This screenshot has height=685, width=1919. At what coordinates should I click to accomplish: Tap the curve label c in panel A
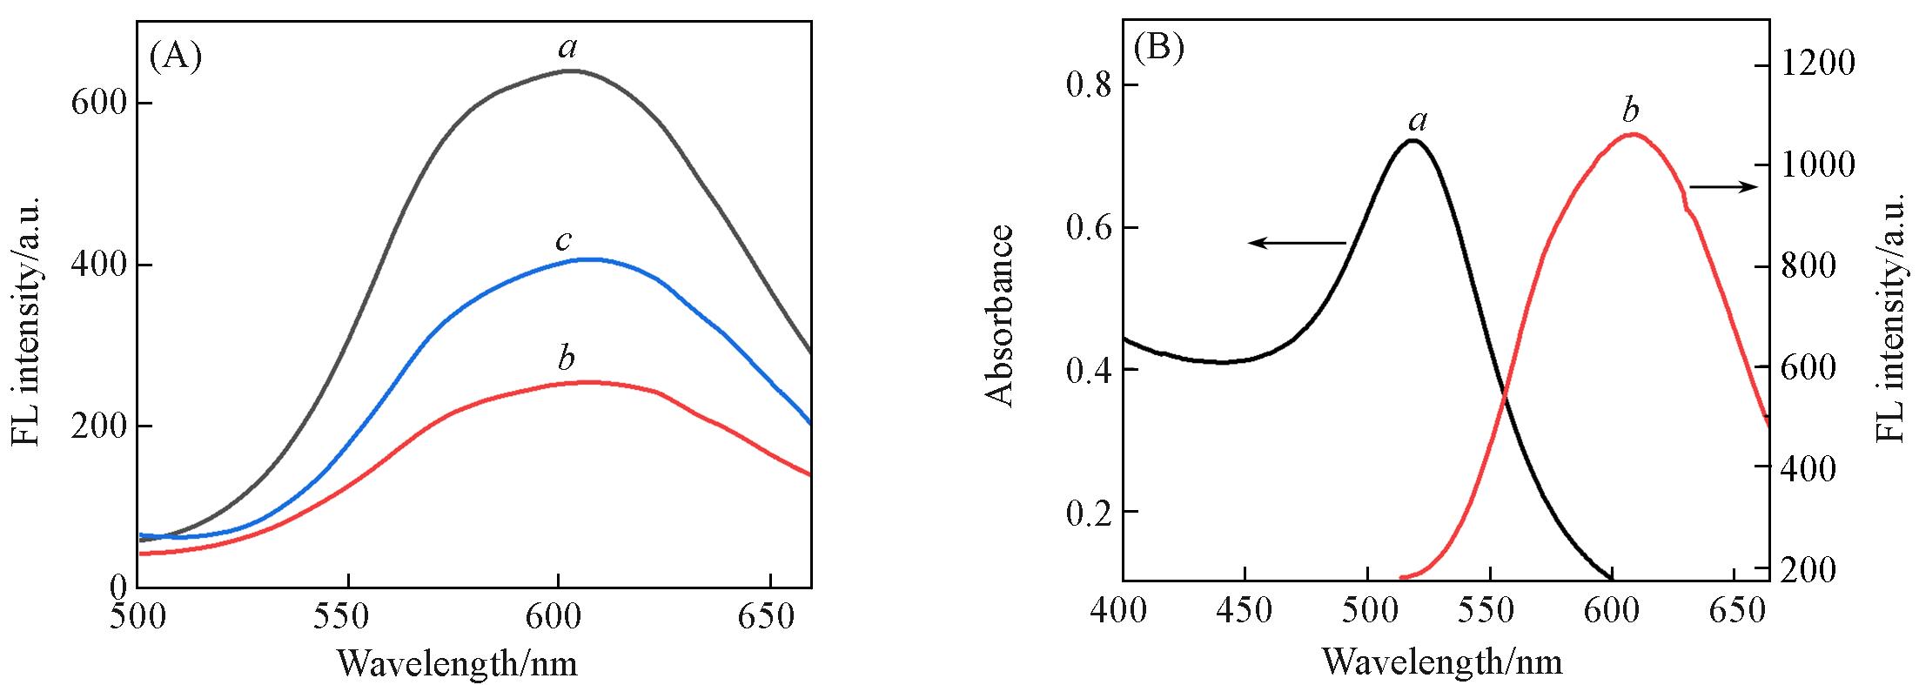click(x=565, y=239)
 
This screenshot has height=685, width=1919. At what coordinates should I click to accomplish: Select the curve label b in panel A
click(x=566, y=358)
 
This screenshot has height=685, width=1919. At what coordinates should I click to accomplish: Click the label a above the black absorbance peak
click(x=1418, y=120)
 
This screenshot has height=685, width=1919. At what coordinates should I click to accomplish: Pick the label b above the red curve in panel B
click(x=1630, y=111)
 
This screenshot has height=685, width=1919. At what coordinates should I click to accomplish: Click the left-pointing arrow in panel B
click(x=1297, y=243)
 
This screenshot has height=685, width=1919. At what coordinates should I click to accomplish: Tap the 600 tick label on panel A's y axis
click(x=98, y=104)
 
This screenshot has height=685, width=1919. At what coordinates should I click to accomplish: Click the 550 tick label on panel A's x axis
click(x=347, y=616)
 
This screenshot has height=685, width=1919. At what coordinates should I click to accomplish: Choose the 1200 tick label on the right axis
click(x=1816, y=64)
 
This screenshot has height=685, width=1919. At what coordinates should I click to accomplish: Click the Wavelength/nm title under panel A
click(x=457, y=663)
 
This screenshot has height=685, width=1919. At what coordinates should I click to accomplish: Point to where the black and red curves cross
click(x=1503, y=394)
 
